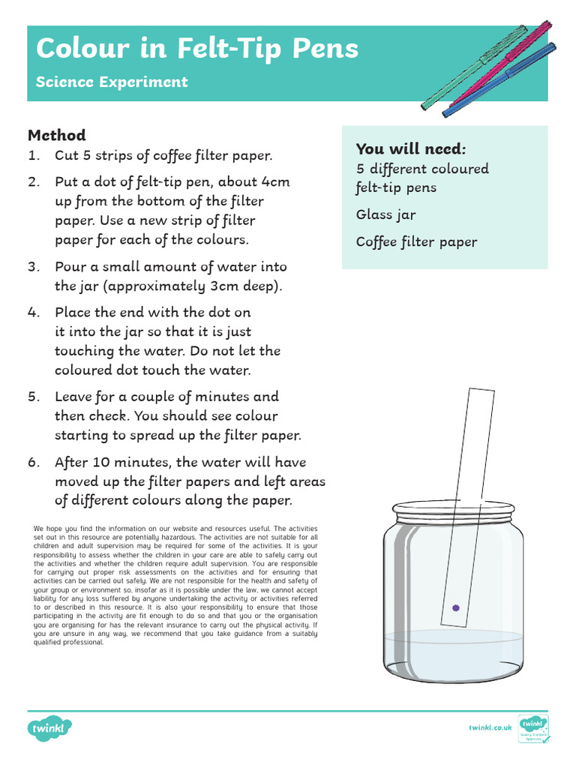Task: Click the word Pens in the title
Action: (x=325, y=49)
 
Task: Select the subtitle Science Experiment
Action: (x=112, y=82)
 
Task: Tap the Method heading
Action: (x=57, y=136)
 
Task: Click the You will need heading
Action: (x=411, y=148)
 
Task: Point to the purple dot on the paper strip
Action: (x=455, y=607)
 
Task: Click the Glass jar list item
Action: (x=385, y=215)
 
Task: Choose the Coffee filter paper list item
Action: (x=416, y=242)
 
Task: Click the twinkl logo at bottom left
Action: (x=50, y=727)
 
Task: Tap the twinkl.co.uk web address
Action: (x=490, y=727)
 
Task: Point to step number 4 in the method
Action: (x=34, y=313)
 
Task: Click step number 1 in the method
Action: (x=33, y=156)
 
